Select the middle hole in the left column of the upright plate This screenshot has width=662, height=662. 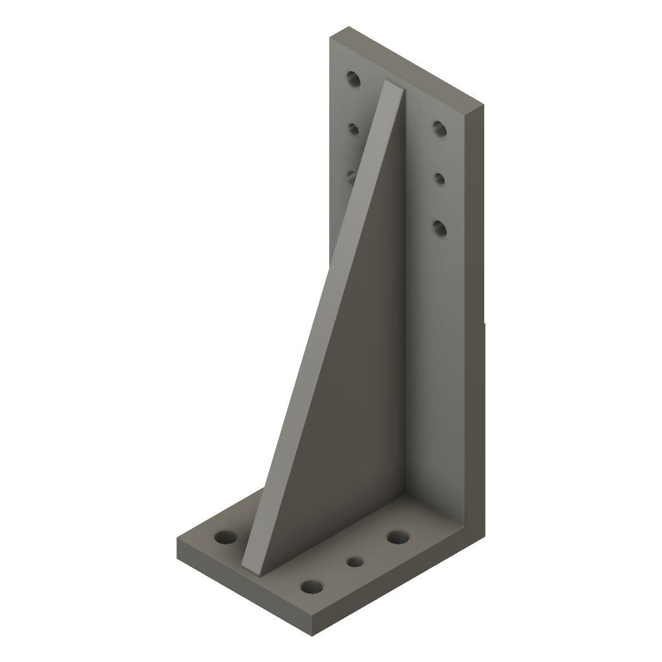353,129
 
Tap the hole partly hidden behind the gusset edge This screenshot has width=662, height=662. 352,175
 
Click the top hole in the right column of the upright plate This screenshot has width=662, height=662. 440,128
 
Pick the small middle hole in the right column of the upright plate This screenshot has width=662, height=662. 440,178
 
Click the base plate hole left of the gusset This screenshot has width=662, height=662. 226,537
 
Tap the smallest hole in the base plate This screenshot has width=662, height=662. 354,561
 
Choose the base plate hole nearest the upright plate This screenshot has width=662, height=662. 398,537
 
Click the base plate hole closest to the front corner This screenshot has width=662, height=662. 312,586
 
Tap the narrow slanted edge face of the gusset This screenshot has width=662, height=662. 323,323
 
